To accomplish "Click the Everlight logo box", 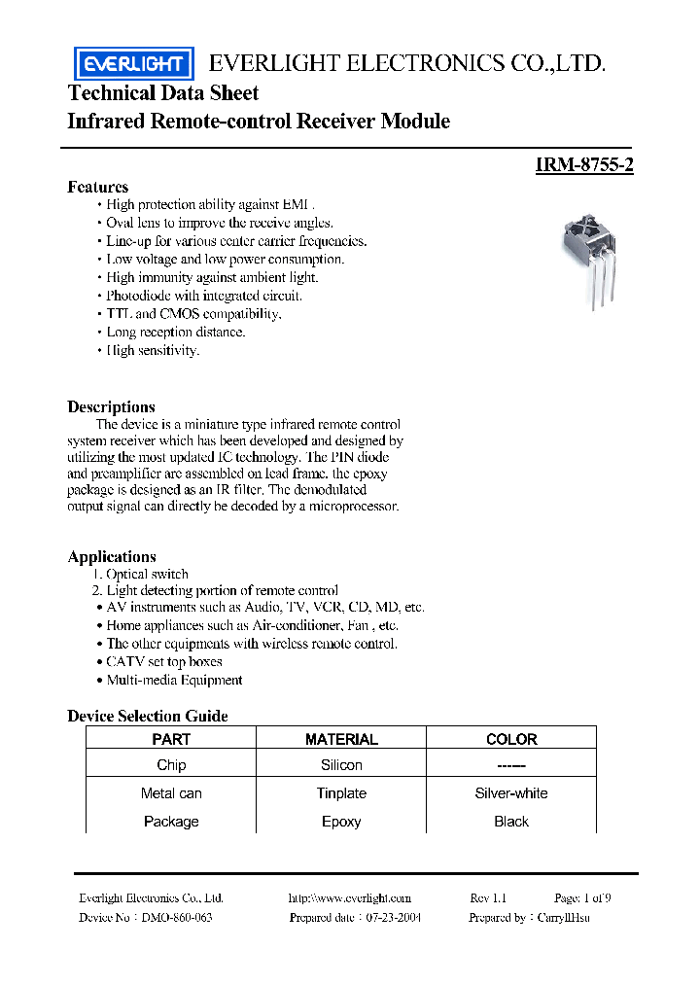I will tap(134, 64).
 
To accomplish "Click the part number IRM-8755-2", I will tap(584, 165).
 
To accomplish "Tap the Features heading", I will tap(97, 187).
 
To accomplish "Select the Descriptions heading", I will tap(111, 406).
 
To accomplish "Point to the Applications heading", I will tap(112, 556).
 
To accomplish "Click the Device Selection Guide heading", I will tap(148, 716).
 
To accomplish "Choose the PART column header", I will tap(171, 739).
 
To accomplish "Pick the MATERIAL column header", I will tap(341, 739).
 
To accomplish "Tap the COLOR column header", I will tap(511, 739).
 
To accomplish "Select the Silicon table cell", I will tap(341, 765).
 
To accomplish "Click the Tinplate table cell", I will tap(341, 793).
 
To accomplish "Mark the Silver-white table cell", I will tap(511, 793).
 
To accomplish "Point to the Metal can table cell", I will tap(171, 793).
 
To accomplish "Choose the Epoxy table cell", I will tap(341, 822).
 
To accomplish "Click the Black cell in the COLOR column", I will tap(511, 822).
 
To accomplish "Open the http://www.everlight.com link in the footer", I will tap(350, 898).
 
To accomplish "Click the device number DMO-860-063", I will tap(177, 918).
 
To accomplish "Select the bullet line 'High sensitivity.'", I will tap(153, 350).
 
